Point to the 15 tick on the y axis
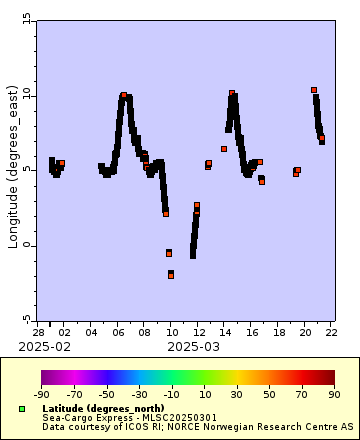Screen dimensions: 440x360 tap(27, 20)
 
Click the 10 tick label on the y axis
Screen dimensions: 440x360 tap(27, 95)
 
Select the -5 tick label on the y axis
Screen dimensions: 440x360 tap(27, 319)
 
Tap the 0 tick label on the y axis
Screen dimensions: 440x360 tap(29, 245)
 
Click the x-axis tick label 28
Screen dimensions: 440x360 tap(38, 331)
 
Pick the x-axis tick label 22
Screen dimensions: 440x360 tap(330, 331)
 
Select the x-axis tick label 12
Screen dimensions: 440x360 tap(198, 331)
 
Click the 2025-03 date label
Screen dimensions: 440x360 tap(192, 346)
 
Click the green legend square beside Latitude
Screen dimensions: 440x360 tap(21, 409)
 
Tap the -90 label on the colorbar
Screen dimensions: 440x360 tap(41, 395)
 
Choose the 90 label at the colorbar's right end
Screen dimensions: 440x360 tap(334, 395)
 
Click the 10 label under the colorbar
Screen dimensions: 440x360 tap(204, 395)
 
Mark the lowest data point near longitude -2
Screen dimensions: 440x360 tap(171, 274)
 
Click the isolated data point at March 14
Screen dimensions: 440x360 tap(224, 149)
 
